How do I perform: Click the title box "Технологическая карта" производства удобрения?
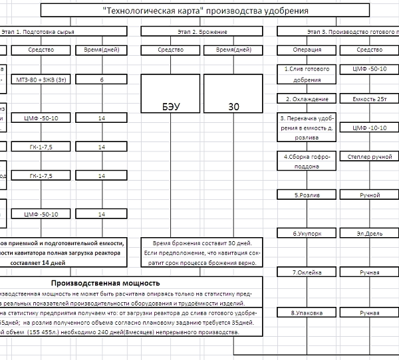(x=205, y=11)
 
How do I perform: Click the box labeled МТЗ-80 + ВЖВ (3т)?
(x=41, y=79)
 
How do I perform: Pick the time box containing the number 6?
(x=102, y=79)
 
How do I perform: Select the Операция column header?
(x=307, y=50)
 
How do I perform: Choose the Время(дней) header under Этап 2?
(x=234, y=50)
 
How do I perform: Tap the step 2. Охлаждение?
(x=307, y=99)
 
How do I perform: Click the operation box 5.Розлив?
(x=307, y=195)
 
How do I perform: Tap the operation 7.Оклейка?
(x=307, y=272)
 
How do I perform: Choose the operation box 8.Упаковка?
(x=307, y=312)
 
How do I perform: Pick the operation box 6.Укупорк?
(x=307, y=234)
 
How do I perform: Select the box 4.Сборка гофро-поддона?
(x=307, y=161)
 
